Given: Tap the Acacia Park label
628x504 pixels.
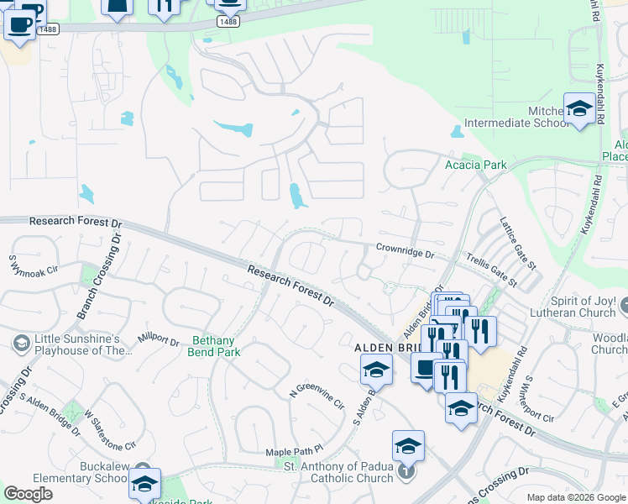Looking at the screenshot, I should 475,165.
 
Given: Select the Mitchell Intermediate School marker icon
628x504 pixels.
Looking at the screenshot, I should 579,108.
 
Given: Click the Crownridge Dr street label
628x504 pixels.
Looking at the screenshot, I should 405,249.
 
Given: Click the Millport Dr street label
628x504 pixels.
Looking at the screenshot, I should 159,341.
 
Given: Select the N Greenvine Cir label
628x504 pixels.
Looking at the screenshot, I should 317,397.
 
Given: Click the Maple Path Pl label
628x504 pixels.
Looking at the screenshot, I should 294,451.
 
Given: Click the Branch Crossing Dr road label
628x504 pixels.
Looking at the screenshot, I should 98,274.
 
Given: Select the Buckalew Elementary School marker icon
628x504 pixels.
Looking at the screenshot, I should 144,484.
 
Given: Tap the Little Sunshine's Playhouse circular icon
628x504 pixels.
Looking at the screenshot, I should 20,343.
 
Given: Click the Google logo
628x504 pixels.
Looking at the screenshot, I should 28,494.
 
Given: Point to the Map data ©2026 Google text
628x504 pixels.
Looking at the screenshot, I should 575,497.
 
